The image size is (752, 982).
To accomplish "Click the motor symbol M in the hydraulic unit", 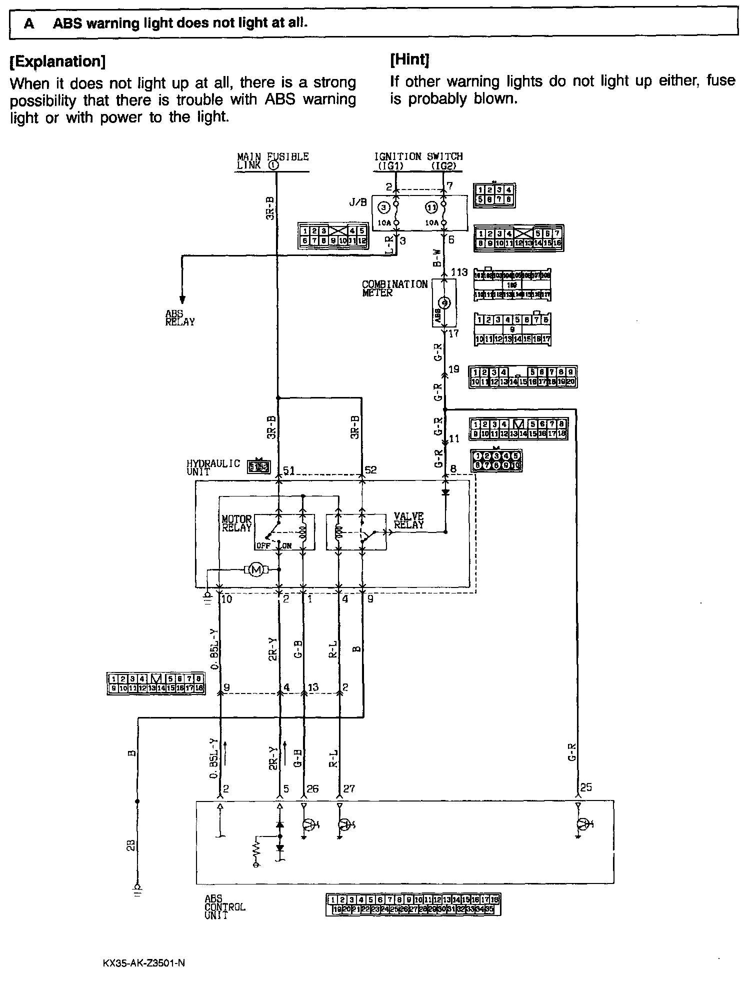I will (x=255, y=569).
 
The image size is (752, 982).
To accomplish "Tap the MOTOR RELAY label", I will (x=236, y=523).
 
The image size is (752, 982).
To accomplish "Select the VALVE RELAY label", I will (x=408, y=520).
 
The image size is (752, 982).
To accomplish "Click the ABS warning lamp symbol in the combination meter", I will (x=444, y=303).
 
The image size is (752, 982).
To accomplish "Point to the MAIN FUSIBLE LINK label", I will (x=272, y=161).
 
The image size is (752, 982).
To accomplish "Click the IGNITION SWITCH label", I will (x=418, y=161).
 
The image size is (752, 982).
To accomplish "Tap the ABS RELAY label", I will (x=180, y=318).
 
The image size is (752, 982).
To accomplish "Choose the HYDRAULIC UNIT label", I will (x=213, y=467).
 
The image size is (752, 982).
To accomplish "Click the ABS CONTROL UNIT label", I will (x=224, y=907).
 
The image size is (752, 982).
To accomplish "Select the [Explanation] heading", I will (x=57, y=61).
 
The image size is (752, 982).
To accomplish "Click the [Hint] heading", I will (x=409, y=60).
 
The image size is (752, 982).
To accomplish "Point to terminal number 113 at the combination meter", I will (x=459, y=272).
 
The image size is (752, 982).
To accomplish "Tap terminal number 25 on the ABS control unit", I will (x=586, y=787).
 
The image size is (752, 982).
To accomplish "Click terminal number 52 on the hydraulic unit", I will (x=370, y=470).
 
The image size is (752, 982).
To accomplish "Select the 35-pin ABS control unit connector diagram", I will (x=412, y=904).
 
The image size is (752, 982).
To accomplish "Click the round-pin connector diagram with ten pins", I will (x=496, y=460).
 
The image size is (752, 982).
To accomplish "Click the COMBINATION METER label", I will (x=394, y=288).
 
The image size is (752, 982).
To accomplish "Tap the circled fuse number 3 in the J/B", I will (x=383, y=206).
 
